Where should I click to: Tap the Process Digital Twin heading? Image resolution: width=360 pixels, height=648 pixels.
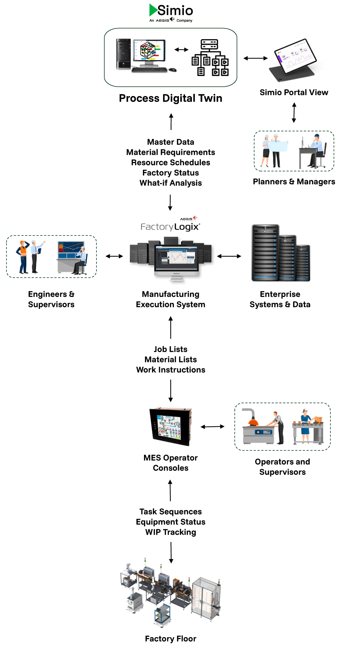[x=170, y=98]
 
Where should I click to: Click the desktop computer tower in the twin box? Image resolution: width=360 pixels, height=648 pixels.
[x=123, y=54]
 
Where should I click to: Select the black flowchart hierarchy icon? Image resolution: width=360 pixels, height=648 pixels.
[x=210, y=58]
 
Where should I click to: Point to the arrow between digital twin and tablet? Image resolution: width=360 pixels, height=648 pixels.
[x=255, y=58]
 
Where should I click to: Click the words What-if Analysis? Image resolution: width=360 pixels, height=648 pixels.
[x=170, y=183]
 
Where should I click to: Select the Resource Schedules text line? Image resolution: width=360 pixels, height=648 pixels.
[x=170, y=162]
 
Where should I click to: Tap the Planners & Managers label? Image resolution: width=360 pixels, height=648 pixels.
[x=294, y=181]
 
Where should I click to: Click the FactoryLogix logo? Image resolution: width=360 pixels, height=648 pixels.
[x=170, y=226]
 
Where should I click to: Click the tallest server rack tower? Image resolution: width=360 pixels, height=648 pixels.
[x=265, y=253]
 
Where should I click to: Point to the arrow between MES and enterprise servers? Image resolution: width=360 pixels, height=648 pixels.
[x=229, y=256]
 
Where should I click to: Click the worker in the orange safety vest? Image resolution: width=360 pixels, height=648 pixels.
[x=23, y=256]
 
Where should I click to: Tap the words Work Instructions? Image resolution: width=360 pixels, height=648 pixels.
[x=170, y=370]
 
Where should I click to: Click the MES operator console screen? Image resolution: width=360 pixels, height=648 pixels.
[x=170, y=427]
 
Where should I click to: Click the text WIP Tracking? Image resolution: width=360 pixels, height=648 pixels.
[x=170, y=532]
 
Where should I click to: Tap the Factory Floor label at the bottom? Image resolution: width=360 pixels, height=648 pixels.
[x=170, y=639]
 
